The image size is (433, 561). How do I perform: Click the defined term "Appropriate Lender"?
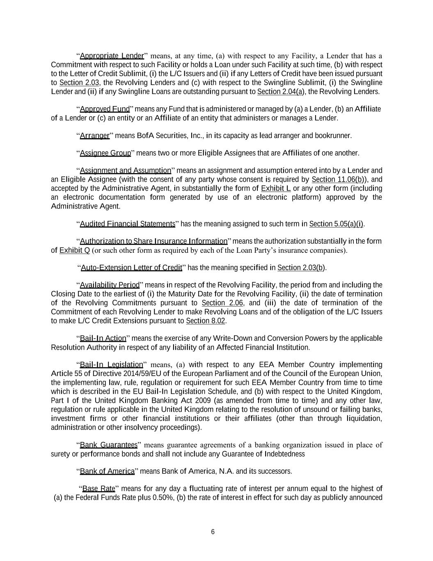coord(112,56)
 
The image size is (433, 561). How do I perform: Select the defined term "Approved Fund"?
coord(105,109)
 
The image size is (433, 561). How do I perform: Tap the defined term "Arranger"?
coord(95,136)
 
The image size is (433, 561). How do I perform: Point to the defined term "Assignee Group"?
coord(105,153)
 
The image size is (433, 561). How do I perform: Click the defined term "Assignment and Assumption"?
coord(125,171)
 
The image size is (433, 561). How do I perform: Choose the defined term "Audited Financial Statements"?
coord(128,224)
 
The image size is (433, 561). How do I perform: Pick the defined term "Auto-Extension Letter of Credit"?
coord(131,268)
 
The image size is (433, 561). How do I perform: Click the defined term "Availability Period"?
coord(110,285)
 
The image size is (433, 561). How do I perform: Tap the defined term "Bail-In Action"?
coord(103,339)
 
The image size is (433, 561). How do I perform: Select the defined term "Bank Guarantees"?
coord(109,445)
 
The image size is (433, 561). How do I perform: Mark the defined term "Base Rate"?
coord(99,489)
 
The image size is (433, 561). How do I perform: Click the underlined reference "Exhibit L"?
coord(276,189)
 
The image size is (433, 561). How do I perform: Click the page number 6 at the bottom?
coord(213,532)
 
